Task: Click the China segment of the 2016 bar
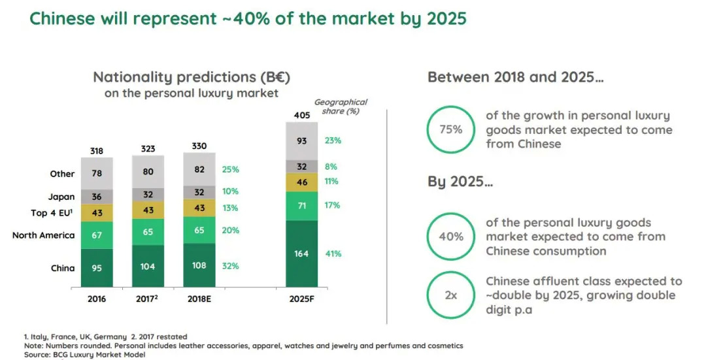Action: click(97, 267)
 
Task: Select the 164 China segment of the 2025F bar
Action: click(302, 254)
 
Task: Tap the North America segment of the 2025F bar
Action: click(302, 206)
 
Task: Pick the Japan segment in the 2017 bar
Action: click(148, 194)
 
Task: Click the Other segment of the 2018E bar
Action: click(199, 169)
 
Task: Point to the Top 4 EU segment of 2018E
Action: click(199, 208)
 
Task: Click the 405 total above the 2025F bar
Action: click(302, 116)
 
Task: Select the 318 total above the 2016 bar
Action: click(97, 151)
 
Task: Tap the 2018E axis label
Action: click(199, 299)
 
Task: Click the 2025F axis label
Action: click(302, 299)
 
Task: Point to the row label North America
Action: click(44, 235)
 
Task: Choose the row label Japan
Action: click(61, 197)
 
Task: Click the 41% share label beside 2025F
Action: click(333, 254)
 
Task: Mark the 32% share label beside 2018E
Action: click(231, 266)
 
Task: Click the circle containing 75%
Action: click(451, 129)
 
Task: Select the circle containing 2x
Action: click(451, 295)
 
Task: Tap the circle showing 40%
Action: click(451, 237)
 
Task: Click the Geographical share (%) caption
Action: click(341, 106)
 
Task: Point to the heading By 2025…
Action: click(460, 181)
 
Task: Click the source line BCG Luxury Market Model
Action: click(84, 354)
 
